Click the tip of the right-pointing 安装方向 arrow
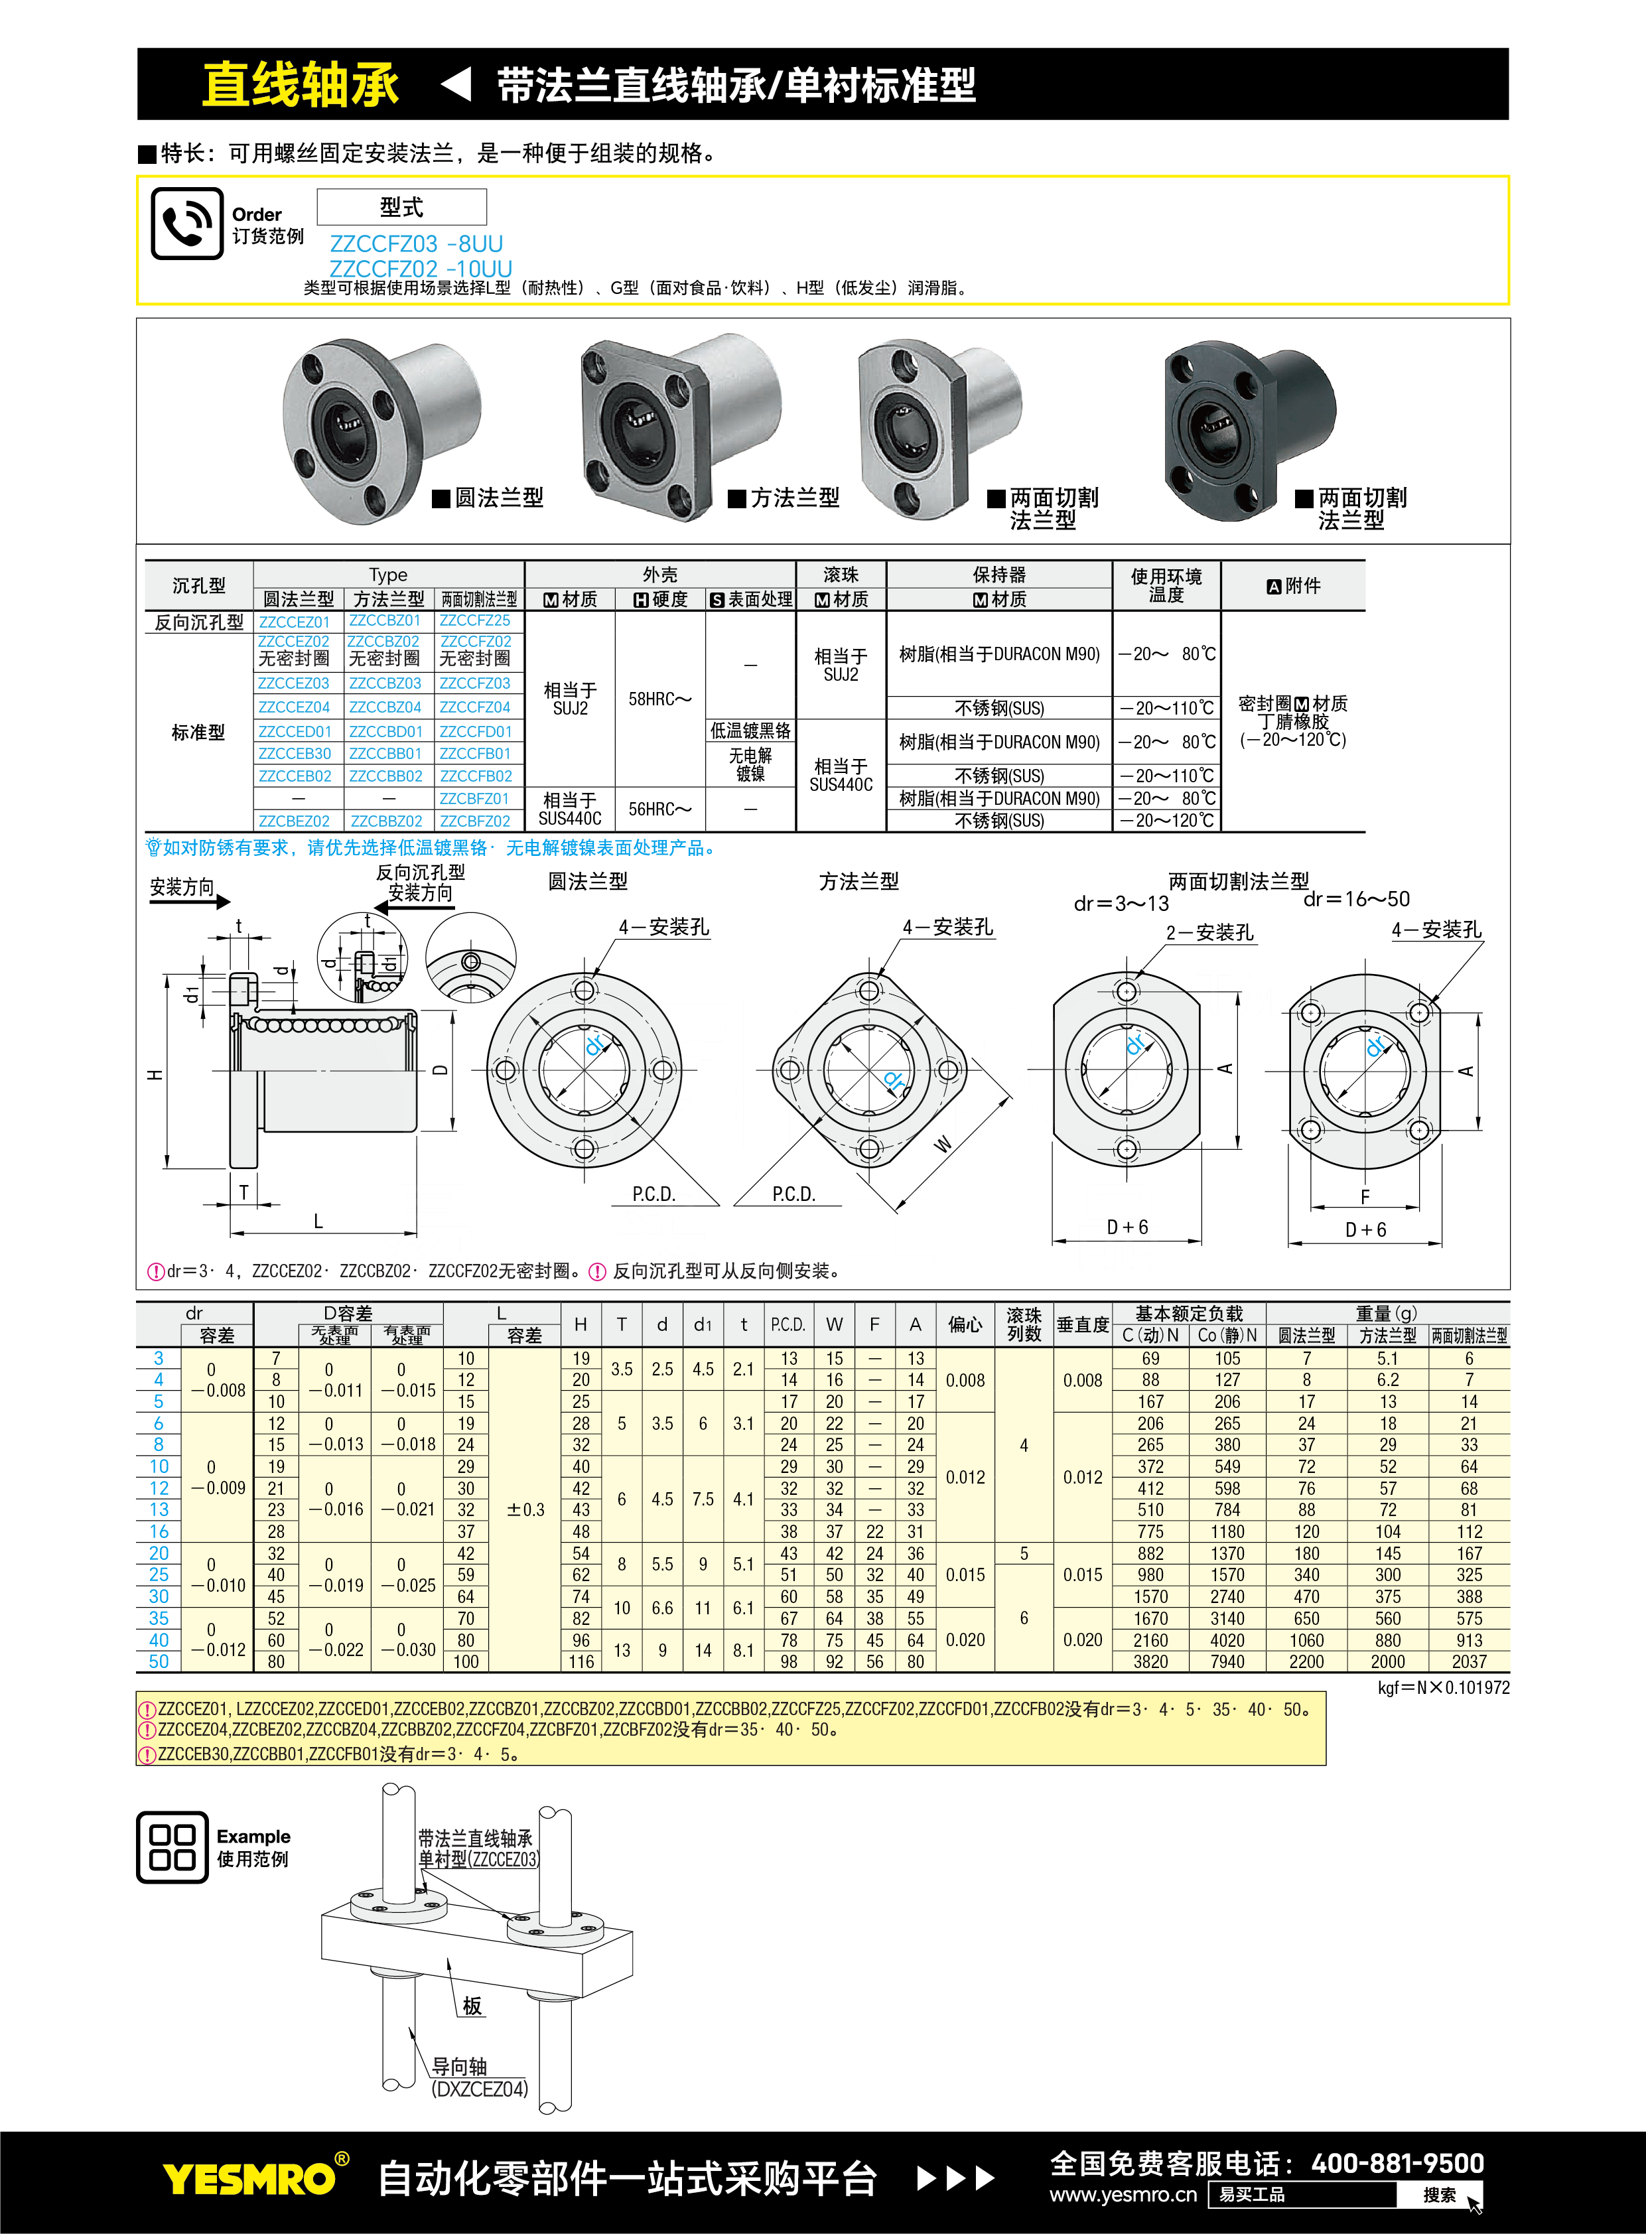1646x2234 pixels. coord(231,902)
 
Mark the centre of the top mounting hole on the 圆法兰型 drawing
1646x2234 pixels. coord(585,991)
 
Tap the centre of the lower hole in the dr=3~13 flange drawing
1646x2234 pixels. coord(1127,1149)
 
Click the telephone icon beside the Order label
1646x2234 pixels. coord(186,223)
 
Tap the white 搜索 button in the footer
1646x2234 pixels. coord(1439,2195)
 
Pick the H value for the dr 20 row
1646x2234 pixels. coord(581,1553)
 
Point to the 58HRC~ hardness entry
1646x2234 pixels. coord(659,699)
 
